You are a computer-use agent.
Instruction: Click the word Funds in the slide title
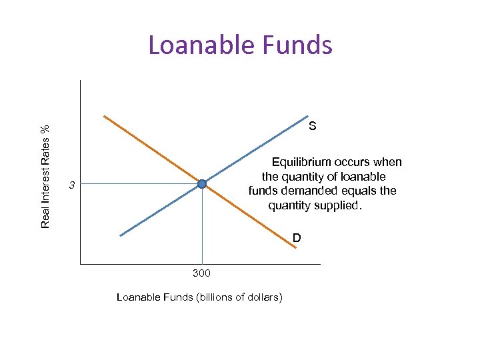tap(297, 45)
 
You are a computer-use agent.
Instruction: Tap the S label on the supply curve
tap(312, 125)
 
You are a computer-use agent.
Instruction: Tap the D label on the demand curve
tap(296, 237)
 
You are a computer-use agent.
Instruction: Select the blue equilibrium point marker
tap(202, 184)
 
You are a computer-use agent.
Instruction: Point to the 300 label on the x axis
tap(201, 273)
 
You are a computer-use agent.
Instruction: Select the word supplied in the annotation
tap(338, 205)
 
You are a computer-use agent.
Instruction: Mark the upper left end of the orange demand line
tap(105, 116)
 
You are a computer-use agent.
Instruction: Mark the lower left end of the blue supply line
tap(121, 235)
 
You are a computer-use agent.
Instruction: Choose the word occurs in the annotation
tap(357, 162)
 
